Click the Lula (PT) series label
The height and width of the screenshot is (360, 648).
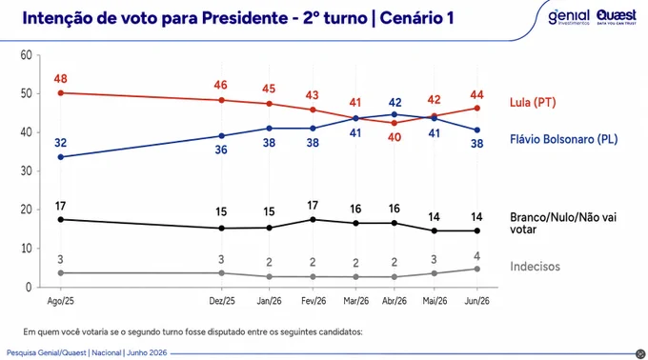pos(533,103)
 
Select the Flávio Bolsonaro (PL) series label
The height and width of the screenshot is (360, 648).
pos(564,139)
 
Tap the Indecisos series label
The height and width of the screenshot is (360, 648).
pos(535,267)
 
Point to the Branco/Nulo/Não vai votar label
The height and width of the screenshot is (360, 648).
pos(563,223)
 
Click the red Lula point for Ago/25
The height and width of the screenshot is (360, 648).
pos(61,93)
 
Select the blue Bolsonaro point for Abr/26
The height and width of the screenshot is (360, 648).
pos(395,115)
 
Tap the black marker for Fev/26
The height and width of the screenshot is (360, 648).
pos(313,220)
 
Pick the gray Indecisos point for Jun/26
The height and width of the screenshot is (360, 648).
pos(476,269)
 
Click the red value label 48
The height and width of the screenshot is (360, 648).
pos(61,79)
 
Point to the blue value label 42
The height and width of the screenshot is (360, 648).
pos(395,103)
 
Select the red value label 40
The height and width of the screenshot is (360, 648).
pos(395,137)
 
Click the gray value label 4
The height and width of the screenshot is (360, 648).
pos(476,256)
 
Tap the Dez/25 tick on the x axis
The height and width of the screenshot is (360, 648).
pos(222,301)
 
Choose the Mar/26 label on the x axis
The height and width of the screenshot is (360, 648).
pos(355,301)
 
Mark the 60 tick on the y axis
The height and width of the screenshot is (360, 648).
pos(27,55)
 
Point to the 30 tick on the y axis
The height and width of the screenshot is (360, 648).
pos(27,170)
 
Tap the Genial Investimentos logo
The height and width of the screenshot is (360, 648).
pos(569,17)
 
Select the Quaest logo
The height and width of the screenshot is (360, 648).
pos(617,17)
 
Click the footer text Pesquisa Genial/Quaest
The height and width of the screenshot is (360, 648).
pos(47,353)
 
